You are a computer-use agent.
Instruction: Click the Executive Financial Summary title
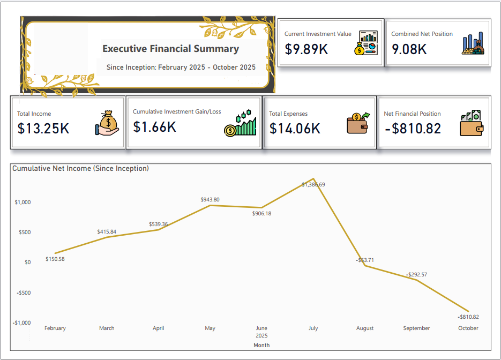coord(170,49)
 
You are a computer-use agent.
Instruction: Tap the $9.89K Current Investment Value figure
coord(306,49)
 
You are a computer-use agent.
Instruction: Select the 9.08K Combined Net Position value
coord(409,49)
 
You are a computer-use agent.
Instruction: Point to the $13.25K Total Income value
coord(43,129)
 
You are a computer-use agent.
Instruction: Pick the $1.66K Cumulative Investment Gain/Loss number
coord(154,127)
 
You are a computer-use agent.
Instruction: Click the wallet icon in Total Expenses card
coord(357,123)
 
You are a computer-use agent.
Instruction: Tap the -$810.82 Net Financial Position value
coord(412,129)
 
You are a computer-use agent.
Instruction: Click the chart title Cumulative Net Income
coord(80,168)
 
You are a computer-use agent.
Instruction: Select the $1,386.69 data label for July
coord(313,184)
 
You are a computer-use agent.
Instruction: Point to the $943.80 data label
coord(210,199)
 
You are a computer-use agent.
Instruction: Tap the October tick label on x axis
coord(468,328)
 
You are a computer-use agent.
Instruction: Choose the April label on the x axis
coord(158,328)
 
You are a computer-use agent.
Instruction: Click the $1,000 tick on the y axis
coord(23,202)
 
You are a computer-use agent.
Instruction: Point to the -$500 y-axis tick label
coord(23,292)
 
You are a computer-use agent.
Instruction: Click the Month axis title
coord(261,345)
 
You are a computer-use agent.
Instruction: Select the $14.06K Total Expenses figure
coord(295,129)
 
